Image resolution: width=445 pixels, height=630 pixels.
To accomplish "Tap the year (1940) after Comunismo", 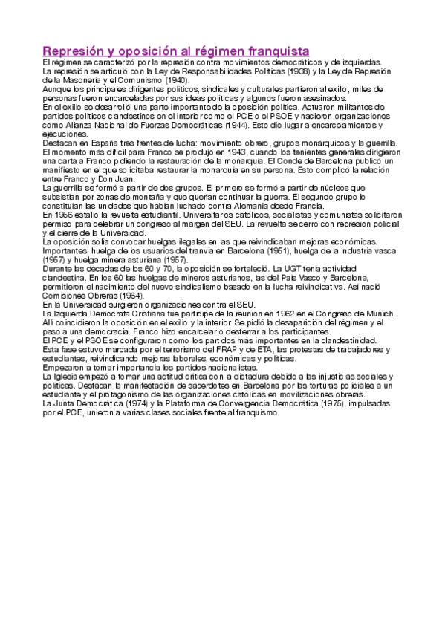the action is [x=175, y=81].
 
